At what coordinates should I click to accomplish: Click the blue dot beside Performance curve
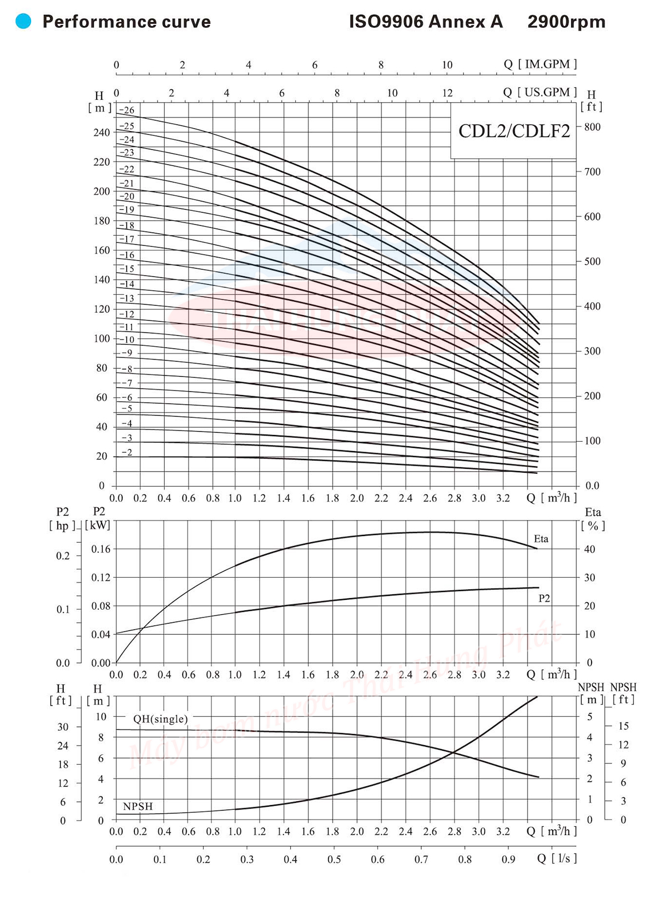tap(23, 22)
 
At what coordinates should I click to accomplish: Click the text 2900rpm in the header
tap(566, 22)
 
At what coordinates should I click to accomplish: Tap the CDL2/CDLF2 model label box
tap(514, 131)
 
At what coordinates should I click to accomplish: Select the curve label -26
tap(127, 110)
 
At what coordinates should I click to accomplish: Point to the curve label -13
tap(127, 299)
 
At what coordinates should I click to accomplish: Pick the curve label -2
tap(127, 453)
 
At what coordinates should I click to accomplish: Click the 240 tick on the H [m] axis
tap(102, 133)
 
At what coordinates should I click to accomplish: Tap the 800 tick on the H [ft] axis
tap(592, 127)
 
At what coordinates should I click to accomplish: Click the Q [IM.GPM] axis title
tap(540, 64)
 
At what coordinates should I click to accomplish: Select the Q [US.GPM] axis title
tap(540, 92)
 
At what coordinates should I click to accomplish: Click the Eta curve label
tap(541, 539)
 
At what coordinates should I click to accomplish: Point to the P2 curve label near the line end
tap(544, 599)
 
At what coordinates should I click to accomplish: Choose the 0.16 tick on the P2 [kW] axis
tap(101, 549)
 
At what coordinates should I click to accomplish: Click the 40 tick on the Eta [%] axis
tap(589, 549)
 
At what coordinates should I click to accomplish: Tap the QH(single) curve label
tap(160, 719)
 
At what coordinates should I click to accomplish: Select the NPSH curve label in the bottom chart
tap(138, 806)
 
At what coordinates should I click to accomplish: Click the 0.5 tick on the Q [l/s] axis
tap(334, 859)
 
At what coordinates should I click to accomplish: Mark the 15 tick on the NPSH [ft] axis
tap(623, 726)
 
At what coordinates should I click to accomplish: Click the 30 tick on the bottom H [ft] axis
tap(63, 727)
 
